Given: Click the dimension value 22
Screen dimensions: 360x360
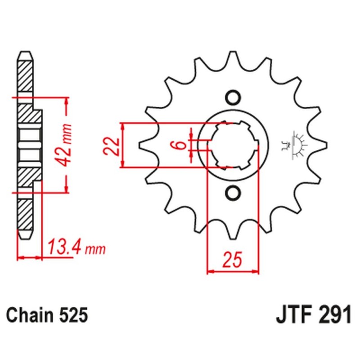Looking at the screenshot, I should click(x=113, y=145).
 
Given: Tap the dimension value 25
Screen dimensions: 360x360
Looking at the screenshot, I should click(x=233, y=260).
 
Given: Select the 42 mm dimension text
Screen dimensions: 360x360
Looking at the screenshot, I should click(x=67, y=144).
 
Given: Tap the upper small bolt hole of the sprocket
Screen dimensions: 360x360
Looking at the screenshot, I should click(x=233, y=97).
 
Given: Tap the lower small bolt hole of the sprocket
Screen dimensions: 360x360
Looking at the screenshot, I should click(x=233, y=193).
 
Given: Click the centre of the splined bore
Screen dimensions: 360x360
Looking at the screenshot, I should click(x=233, y=145).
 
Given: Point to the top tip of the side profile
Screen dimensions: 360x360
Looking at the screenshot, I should click(x=26, y=53).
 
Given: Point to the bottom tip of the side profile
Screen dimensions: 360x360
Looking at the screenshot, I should click(x=26, y=237).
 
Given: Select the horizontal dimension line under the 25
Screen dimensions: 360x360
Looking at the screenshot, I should click(x=233, y=271).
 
